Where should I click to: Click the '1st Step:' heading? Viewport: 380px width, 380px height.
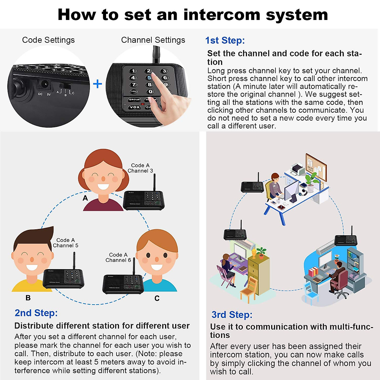coord(225,41)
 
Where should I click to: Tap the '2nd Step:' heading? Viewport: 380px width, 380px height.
coord(36,313)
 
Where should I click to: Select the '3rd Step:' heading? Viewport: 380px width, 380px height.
coord(232,315)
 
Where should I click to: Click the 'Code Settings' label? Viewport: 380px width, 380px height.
coord(48,40)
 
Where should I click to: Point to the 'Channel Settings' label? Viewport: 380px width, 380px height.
coord(153,40)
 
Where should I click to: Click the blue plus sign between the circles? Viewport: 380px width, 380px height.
coord(98,84)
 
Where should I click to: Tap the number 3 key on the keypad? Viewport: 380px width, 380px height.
coord(164,71)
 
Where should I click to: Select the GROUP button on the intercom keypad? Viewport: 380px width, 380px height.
coord(134,99)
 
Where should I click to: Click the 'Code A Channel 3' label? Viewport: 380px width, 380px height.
coord(140,168)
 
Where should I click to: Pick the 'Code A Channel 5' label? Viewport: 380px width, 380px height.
coord(66,243)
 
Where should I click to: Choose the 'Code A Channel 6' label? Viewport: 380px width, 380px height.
coord(118,257)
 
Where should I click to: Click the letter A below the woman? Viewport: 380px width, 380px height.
coord(85,198)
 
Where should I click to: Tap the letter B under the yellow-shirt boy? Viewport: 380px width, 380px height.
coord(28,298)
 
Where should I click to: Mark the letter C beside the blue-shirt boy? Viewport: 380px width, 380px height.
coord(157,298)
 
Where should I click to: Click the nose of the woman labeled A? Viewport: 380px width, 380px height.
coord(103,179)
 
